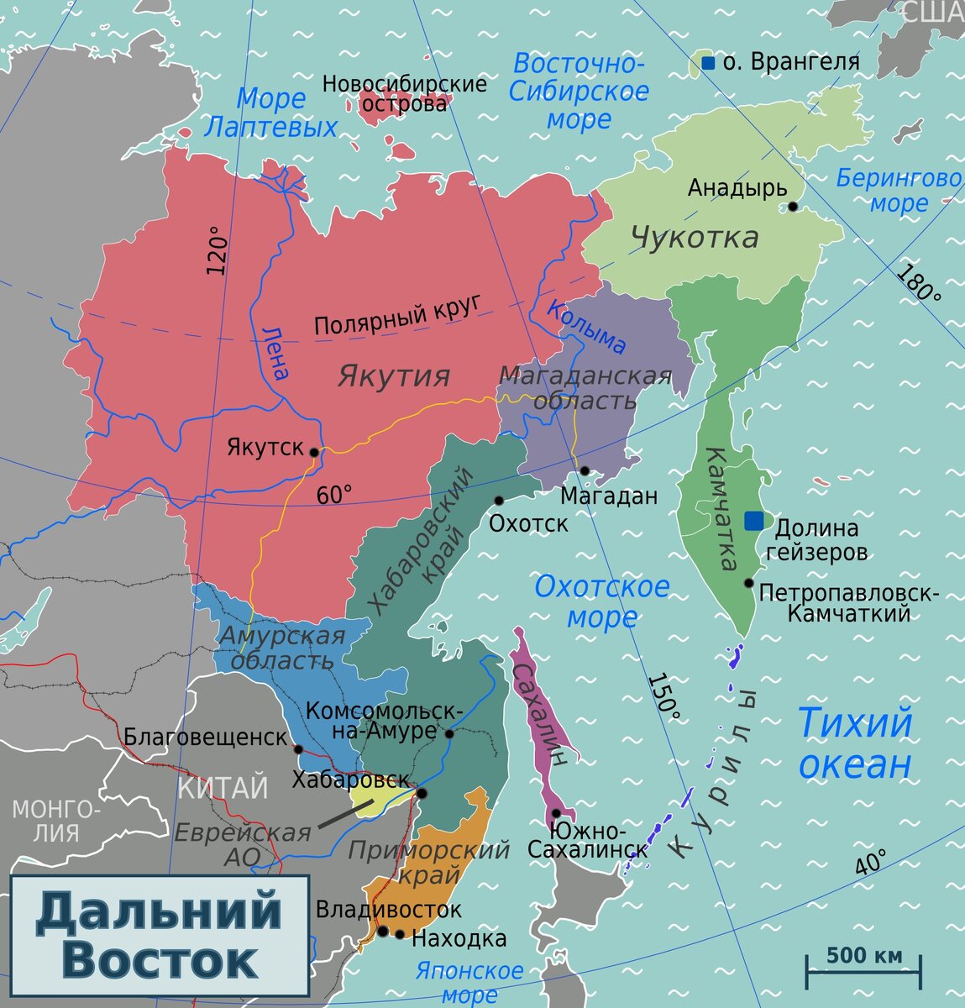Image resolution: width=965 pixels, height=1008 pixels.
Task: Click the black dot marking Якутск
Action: click(x=314, y=452)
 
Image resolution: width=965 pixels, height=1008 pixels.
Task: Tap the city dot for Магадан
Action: click(x=584, y=470)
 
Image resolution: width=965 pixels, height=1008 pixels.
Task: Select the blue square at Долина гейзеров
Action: click(x=754, y=521)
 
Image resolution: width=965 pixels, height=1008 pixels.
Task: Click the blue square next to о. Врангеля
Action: click(x=708, y=63)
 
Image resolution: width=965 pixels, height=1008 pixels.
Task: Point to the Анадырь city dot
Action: click(x=792, y=206)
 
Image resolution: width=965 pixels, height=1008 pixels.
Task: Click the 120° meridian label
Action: click(x=217, y=250)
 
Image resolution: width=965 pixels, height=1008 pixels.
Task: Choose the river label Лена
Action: click(x=275, y=353)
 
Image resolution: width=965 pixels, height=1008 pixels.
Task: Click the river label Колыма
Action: click(x=586, y=326)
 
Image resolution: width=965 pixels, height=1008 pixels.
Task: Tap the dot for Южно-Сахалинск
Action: click(x=556, y=813)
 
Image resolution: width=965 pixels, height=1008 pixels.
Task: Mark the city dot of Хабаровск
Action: click(x=422, y=793)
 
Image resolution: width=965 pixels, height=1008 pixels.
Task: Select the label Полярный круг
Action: click(x=401, y=314)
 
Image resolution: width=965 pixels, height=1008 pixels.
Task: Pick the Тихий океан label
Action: click(x=853, y=743)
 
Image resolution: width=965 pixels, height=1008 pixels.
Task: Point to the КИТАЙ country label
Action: click(x=223, y=788)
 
